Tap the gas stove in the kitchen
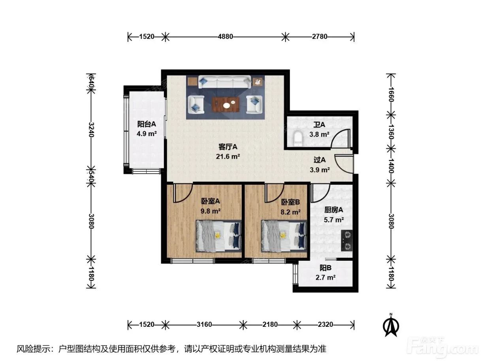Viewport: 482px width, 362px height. click(347, 241)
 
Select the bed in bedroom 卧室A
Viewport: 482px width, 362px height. click(218, 236)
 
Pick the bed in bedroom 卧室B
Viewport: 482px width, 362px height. click(284, 236)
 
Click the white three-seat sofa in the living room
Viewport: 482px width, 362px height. click(225, 82)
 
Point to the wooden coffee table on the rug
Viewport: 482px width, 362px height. click(226, 104)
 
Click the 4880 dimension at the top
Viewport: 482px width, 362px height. click(225, 36)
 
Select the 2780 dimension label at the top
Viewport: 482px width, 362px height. click(320, 36)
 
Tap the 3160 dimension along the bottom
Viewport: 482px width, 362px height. click(204, 325)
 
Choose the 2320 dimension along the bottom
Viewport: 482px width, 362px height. click(326, 325)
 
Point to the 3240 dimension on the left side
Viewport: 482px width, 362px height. click(91, 130)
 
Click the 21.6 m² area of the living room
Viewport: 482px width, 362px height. click(228, 157)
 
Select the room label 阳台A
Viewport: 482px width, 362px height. click(147, 124)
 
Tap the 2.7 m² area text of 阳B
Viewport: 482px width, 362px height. click(326, 277)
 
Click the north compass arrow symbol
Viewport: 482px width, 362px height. click(391, 325)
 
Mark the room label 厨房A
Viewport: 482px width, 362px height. click(333, 210)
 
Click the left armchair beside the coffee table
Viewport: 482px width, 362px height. click(196, 104)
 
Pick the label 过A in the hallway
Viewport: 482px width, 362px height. click(320, 160)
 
